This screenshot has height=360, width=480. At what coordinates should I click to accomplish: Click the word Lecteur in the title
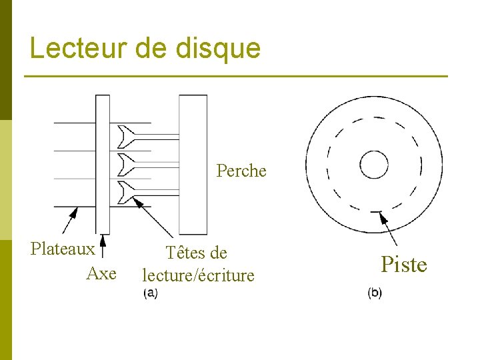72,48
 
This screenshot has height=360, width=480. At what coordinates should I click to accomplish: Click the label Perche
241,171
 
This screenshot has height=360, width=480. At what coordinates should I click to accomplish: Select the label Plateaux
63,249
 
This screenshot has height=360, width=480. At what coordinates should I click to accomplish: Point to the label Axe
101,273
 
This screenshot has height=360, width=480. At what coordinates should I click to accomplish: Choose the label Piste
404,265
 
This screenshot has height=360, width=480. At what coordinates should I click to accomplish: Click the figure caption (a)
151,293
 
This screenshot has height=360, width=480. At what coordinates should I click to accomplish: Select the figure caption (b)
375,293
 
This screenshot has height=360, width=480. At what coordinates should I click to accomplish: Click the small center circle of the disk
374,164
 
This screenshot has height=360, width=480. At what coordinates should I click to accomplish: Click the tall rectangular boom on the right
193,164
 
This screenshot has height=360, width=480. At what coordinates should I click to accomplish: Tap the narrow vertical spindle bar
103,164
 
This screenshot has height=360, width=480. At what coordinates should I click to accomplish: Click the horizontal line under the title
237,77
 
